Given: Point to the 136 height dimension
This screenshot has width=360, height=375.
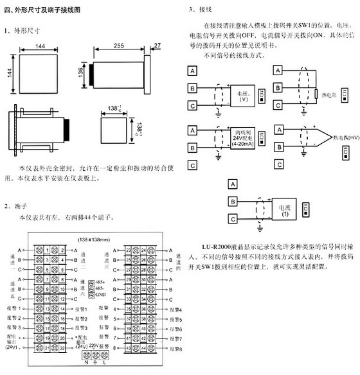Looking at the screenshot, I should click(x=83, y=70).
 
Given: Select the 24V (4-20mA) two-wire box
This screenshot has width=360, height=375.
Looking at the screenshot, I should click(x=242, y=138).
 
